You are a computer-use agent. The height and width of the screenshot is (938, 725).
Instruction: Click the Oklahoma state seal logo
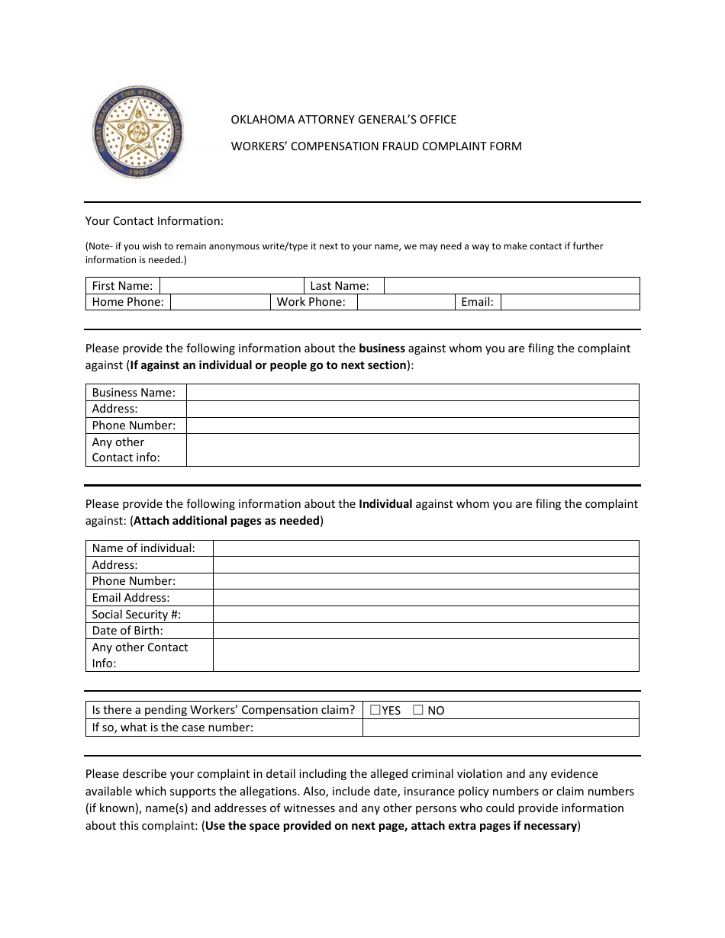click(138, 132)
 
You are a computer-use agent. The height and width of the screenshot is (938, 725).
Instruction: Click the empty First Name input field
click(232, 286)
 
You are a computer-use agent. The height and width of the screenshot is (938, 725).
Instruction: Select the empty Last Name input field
click(511, 286)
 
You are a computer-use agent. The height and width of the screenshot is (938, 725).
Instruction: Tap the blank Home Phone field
click(220, 302)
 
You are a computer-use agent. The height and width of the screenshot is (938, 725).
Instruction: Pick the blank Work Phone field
click(406, 302)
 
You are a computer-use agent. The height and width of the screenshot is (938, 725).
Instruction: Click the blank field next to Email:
click(569, 302)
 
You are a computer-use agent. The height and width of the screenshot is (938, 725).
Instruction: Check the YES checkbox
click(375, 710)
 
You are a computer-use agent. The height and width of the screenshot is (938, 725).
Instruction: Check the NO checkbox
click(417, 710)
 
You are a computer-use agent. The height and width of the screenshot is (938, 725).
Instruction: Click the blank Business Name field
click(412, 392)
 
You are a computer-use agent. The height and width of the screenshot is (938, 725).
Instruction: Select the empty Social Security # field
click(425, 614)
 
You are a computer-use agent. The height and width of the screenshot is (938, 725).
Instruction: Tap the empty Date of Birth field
click(425, 631)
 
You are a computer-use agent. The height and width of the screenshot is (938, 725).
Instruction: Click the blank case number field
click(500, 728)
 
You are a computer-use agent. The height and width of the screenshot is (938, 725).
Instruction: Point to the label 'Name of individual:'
click(143, 548)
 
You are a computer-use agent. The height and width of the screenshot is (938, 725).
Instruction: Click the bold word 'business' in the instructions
click(382, 349)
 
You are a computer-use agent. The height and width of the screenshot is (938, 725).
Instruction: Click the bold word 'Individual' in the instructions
click(385, 504)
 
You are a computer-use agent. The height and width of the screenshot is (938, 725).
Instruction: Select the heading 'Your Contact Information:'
click(154, 221)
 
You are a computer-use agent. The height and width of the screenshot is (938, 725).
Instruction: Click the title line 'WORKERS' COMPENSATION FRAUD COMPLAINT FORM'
click(376, 146)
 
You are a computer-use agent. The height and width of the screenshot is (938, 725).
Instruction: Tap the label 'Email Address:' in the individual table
click(130, 598)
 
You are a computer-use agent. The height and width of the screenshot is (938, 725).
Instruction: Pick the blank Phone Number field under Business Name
click(412, 426)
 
